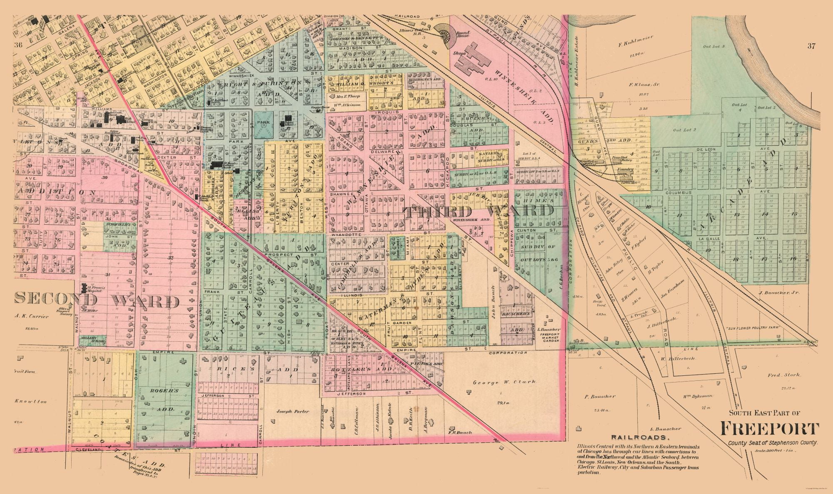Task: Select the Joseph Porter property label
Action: [x=293, y=411]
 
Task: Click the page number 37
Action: [x=810, y=46]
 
